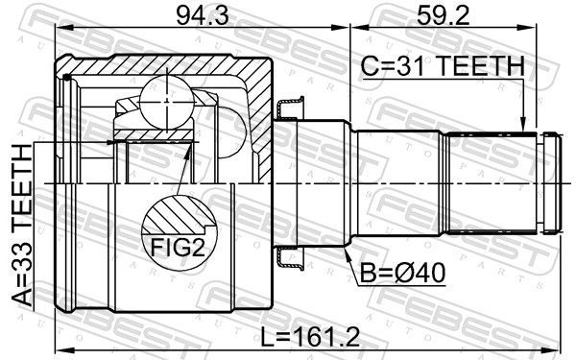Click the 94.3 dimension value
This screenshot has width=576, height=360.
(202, 17)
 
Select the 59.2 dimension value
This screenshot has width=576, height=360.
(444, 17)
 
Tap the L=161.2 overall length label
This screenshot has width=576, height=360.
(310, 338)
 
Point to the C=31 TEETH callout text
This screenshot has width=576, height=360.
(443, 66)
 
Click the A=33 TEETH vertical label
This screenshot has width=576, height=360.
(22, 225)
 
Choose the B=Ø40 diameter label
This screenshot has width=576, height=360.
(402, 273)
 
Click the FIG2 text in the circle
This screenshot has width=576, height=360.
(178, 248)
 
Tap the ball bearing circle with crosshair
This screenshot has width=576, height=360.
(167, 100)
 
